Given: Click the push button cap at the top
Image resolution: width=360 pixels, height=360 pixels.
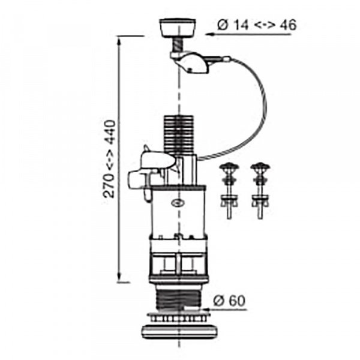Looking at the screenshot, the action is [178, 28].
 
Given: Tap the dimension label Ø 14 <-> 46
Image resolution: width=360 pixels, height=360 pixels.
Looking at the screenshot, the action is [257, 25].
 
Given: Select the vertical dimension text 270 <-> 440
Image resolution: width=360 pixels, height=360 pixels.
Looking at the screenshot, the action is [109, 158].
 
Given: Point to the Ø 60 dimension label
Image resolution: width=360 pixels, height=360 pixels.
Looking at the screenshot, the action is [229, 301].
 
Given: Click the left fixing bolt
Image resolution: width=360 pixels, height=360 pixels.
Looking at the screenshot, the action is [229, 190].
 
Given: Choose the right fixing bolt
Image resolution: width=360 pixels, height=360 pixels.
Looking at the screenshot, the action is [260, 190].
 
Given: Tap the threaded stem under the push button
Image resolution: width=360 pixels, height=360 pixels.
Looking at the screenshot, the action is [178, 45].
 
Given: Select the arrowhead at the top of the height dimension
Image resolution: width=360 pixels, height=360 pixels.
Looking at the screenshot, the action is [119, 41].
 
